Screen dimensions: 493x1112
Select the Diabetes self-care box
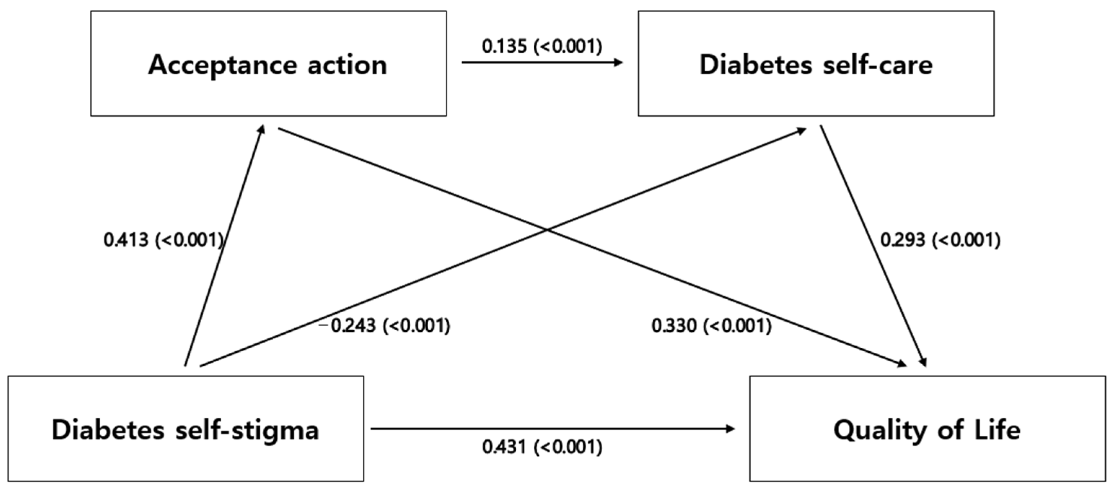click(x=816, y=63)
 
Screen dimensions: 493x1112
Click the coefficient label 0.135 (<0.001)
click(x=542, y=46)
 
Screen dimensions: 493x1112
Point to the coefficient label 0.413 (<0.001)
click(x=163, y=239)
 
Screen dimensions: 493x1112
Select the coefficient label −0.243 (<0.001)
click(x=384, y=325)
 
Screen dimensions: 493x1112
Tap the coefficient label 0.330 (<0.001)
click(x=711, y=325)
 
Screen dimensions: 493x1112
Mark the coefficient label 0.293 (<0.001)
click(x=940, y=239)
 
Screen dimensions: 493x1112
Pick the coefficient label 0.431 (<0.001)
click(x=542, y=447)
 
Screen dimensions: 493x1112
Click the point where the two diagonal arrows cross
click(x=547, y=230)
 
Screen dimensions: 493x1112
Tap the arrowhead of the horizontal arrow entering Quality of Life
click(x=731, y=429)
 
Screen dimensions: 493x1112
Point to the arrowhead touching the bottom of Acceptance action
click(x=262, y=129)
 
